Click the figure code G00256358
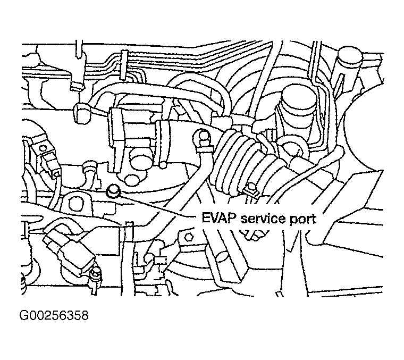[54, 315]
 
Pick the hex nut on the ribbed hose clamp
[250, 189]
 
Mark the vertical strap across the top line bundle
[124, 64]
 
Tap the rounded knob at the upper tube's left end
[82, 112]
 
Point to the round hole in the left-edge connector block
[42, 148]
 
